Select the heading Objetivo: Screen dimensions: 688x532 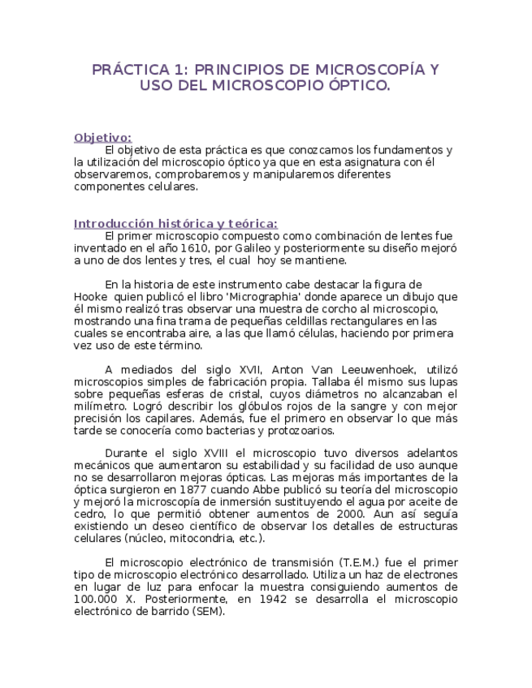click(102, 137)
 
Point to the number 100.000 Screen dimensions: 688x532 click(98, 599)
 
